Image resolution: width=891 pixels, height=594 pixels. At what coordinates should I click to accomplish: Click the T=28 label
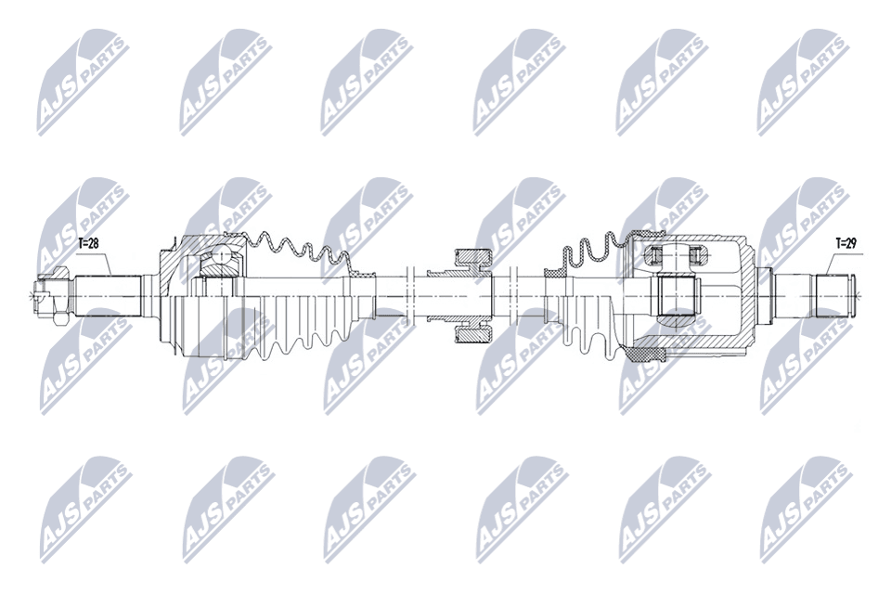click(87, 243)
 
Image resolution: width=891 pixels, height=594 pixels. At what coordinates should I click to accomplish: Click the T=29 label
click(846, 243)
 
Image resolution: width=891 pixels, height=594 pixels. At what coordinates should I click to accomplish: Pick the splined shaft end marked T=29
click(833, 294)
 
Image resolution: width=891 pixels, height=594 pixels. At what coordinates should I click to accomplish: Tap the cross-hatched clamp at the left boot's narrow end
click(362, 275)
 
